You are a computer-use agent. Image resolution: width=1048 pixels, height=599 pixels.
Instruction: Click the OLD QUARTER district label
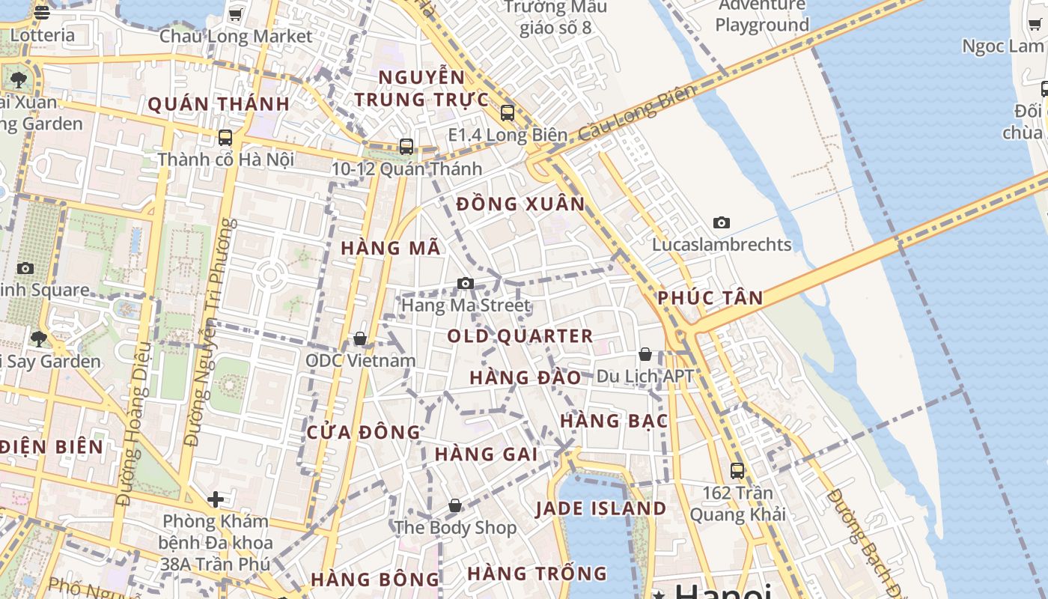(520, 336)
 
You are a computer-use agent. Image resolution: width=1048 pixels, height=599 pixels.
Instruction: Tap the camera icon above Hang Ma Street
(466, 283)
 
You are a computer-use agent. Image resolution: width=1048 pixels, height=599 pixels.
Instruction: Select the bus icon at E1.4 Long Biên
(508, 113)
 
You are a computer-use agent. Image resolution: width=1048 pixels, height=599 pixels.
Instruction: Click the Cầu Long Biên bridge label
(637, 113)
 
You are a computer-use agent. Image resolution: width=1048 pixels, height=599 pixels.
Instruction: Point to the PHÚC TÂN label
(710, 298)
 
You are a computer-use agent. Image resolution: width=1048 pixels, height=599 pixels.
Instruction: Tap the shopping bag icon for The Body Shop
(454, 506)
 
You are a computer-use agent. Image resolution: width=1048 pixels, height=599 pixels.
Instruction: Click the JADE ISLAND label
(600, 508)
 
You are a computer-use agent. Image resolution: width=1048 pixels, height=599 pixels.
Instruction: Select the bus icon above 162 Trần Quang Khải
(737, 471)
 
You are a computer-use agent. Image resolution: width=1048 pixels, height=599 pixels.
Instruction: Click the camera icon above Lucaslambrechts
(722, 222)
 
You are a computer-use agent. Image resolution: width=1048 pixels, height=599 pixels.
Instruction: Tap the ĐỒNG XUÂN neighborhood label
(521, 204)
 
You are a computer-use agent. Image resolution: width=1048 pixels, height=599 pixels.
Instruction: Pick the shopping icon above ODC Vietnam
(360, 339)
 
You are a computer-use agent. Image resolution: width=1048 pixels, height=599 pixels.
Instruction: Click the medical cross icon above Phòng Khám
(216, 499)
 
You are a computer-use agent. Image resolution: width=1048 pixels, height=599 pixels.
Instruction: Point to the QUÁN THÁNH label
(219, 104)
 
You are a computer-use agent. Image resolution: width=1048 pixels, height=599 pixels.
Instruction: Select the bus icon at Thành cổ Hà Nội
(225, 138)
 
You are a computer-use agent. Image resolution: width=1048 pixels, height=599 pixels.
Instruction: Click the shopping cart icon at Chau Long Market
(235, 14)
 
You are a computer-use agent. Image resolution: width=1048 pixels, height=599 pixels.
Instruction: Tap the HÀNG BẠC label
(614, 421)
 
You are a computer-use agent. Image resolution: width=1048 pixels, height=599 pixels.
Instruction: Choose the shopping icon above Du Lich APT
(645, 354)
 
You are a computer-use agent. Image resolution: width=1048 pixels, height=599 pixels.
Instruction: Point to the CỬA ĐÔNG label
(364, 432)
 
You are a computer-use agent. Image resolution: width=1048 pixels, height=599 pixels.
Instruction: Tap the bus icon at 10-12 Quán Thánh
(406, 147)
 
